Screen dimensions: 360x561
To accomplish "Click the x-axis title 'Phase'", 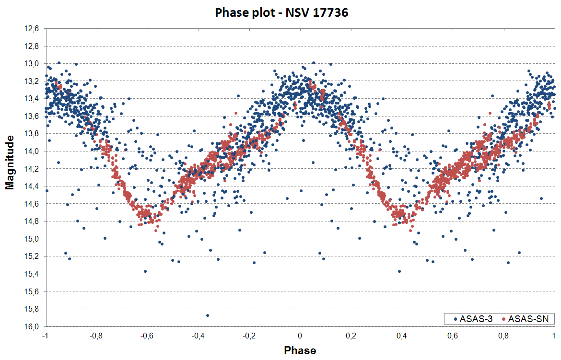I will click(x=300, y=350).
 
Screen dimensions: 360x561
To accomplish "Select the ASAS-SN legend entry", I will click(x=527, y=319).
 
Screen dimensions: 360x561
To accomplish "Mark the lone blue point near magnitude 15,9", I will click(x=208, y=315).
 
